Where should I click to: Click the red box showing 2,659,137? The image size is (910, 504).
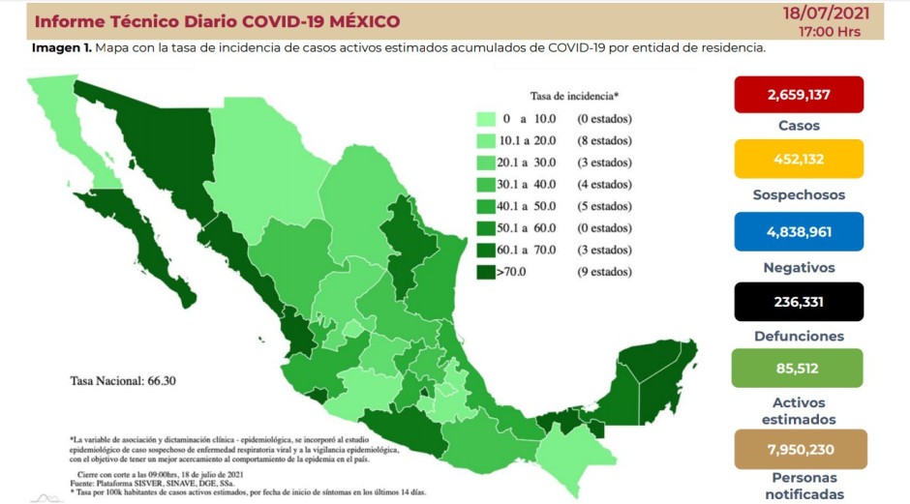(799, 95)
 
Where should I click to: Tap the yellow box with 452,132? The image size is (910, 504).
(799, 159)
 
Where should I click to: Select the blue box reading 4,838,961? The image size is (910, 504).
(799, 232)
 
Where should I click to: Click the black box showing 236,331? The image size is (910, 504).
(799, 302)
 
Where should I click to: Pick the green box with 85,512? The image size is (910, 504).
(799, 368)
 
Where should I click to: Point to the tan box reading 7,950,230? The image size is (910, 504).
(799, 448)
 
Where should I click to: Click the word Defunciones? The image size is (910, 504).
(799, 337)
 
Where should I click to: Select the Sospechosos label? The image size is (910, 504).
(799, 194)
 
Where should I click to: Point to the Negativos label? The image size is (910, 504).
(799, 267)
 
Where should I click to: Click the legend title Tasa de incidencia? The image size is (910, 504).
(574, 97)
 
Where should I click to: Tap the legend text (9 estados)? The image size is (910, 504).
(605, 272)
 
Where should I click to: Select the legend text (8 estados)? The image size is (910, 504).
(605, 141)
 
